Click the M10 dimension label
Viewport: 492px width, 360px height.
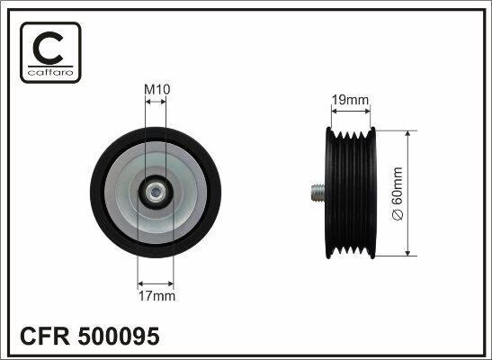point(157,90)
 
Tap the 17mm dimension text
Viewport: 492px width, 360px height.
point(157,296)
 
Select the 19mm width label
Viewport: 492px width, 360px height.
point(350,100)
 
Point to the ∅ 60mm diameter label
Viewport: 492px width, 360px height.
point(398,193)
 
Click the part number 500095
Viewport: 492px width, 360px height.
point(119,337)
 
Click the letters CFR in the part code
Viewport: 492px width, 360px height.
point(45,337)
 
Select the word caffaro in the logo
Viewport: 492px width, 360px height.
point(50,73)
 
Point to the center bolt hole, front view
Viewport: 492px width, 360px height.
point(155,192)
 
